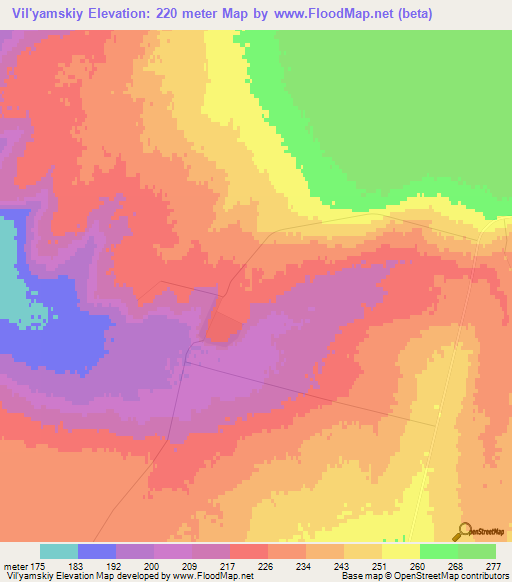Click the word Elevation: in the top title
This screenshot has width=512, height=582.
point(116,12)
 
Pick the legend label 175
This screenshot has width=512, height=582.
point(39,566)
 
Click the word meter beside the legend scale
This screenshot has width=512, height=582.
point(15,566)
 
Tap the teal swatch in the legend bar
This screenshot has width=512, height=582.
point(58,551)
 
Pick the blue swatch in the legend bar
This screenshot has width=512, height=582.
point(96,551)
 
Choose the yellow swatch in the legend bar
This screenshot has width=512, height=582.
point(400,551)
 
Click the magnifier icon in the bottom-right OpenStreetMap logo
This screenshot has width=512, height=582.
point(463,531)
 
